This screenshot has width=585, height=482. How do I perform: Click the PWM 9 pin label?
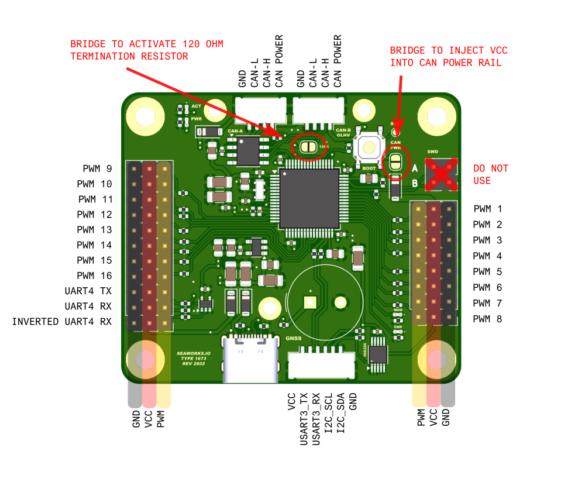[97, 168]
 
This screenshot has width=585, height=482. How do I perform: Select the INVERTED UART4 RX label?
[61, 322]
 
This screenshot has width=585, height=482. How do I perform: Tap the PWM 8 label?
[487, 319]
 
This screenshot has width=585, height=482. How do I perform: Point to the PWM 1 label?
[487, 209]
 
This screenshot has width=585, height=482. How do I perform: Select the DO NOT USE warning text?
[490, 174]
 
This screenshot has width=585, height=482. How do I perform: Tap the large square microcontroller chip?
[309, 198]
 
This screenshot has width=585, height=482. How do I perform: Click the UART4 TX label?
[88, 291]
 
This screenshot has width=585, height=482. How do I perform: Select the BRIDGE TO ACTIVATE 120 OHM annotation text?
[146, 50]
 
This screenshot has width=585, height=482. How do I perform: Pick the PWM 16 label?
[94, 276]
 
